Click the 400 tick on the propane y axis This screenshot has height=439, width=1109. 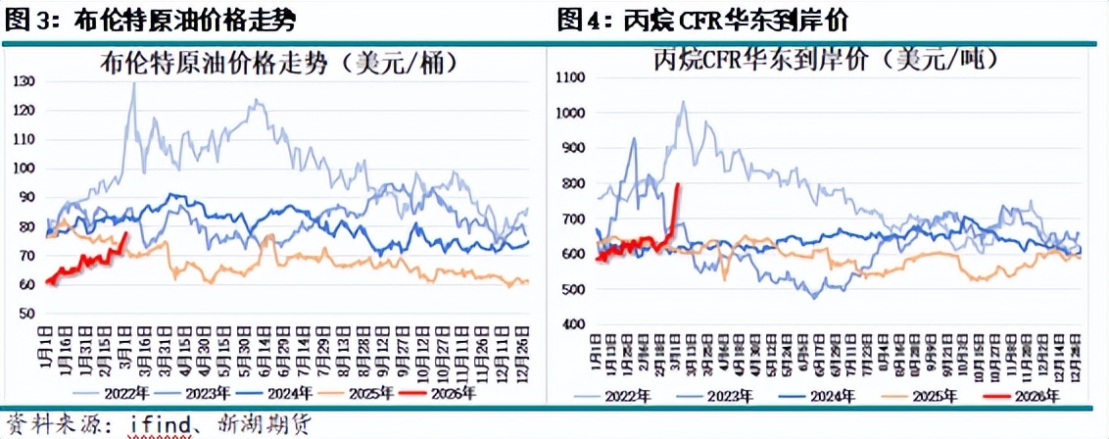point(572,324)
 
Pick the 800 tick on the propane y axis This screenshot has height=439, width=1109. point(572,183)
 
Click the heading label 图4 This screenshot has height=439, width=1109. point(584,19)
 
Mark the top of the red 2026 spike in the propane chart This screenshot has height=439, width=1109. point(678,183)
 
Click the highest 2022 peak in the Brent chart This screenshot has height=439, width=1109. point(134,83)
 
